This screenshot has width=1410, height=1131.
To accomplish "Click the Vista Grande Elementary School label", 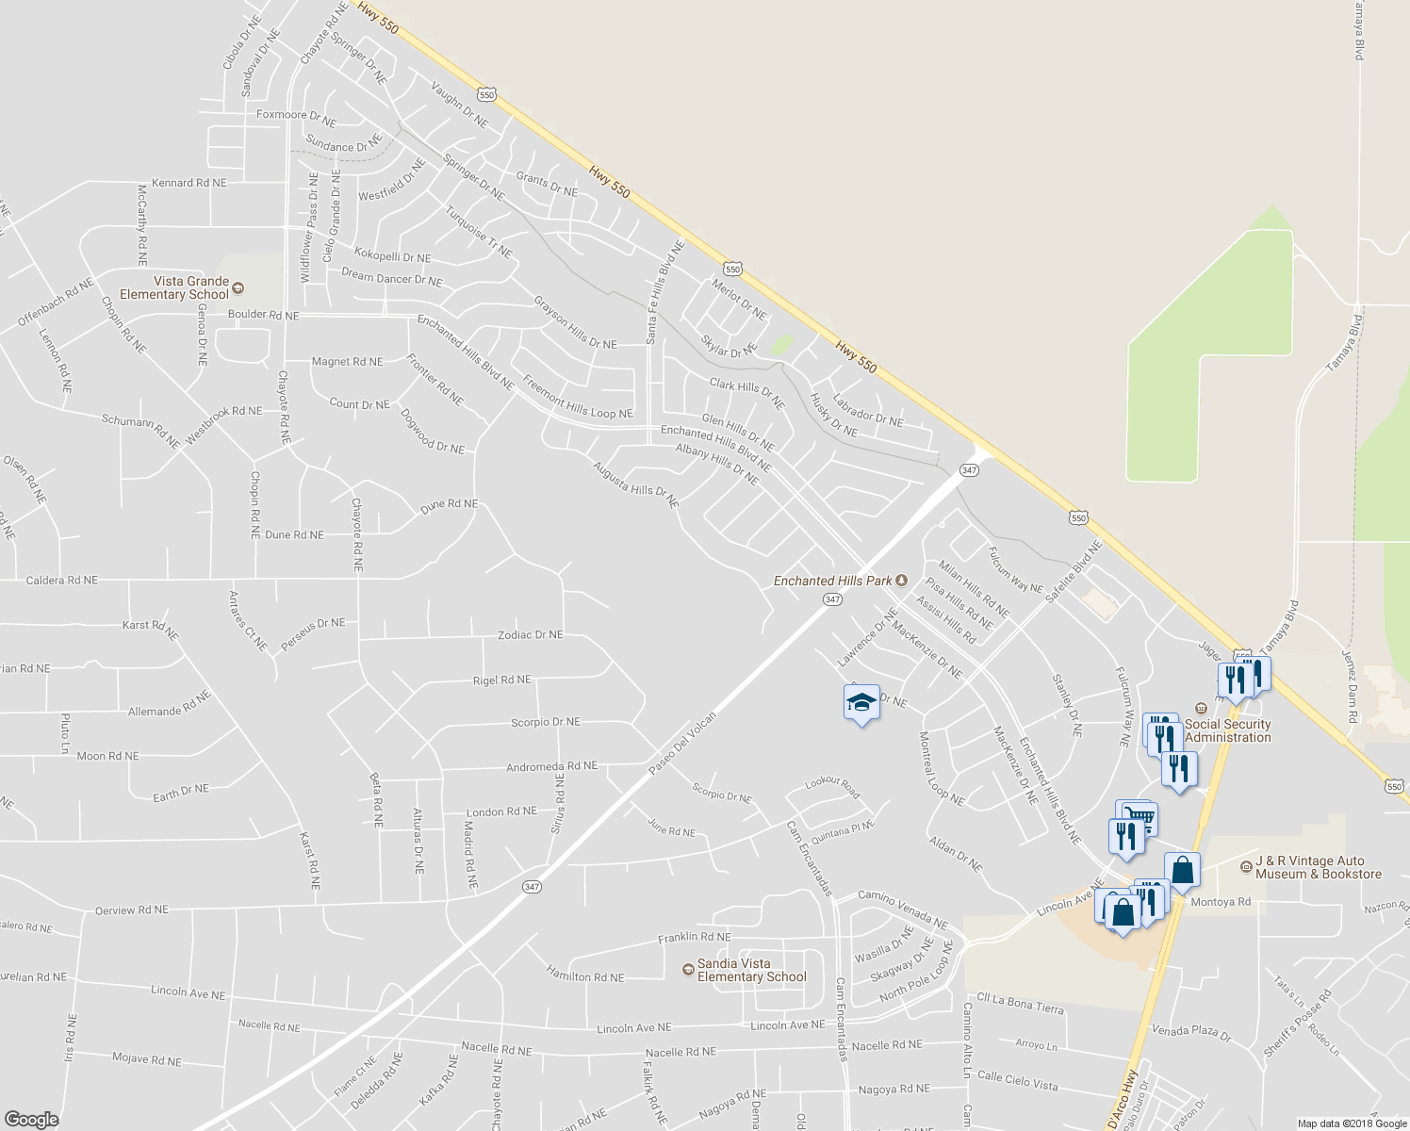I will (x=191, y=287).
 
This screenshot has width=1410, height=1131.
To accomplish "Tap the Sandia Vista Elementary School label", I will (x=751, y=970).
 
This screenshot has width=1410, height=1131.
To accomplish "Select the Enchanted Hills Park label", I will (x=833, y=581).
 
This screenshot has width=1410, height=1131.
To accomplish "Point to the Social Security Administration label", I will (x=1227, y=730).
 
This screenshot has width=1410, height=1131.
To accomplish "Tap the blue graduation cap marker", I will (x=861, y=702).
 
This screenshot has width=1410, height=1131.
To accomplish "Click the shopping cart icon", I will (x=1139, y=816).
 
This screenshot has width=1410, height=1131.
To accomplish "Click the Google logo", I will (x=31, y=1119).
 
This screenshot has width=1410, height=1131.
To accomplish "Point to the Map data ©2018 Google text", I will (x=1352, y=1123).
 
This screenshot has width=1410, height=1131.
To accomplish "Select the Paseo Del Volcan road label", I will (x=683, y=744).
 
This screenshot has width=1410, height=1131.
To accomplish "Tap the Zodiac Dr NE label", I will (x=531, y=635).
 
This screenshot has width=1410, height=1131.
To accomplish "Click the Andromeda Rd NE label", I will (x=551, y=766).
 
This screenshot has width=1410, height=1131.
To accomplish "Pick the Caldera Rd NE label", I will (x=62, y=581).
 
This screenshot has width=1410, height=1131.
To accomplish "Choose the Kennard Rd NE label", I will (x=189, y=183).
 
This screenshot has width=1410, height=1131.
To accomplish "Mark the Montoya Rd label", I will (x=1221, y=902).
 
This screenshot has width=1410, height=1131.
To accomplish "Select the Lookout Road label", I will (x=832, y=788).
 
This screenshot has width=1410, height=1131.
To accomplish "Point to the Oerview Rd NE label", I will (x=132, y=910).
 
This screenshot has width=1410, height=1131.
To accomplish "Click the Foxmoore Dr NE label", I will (x=296, y=118).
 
